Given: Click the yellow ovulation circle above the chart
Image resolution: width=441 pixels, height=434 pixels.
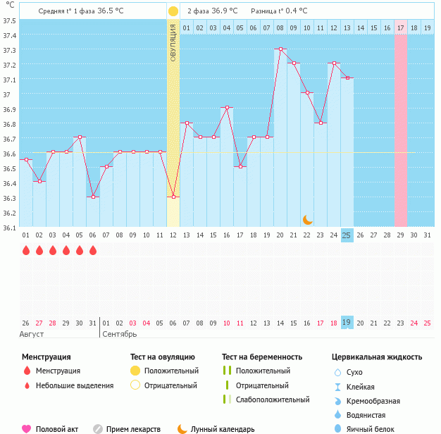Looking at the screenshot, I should click(x=173, y=11).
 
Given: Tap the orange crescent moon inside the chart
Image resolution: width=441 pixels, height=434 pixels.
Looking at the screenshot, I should click(x=307, y=220).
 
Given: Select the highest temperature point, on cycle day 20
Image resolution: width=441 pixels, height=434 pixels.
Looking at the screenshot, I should click(x=280, y=49).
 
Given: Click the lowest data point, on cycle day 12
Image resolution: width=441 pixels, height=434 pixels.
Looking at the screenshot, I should click(x=173, y=197).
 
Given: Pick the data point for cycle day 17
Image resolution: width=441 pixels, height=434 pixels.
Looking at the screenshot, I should click(x=240, y=167).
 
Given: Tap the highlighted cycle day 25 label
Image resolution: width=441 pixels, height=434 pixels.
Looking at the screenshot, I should click(x=347, y=235).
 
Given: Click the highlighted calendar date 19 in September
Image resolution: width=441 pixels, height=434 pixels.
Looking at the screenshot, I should click(x=347, y=322).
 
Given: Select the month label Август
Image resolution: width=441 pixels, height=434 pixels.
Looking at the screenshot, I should click(x=32, y=333).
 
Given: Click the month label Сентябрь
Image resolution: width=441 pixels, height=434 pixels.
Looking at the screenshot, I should click(x=120, y=333).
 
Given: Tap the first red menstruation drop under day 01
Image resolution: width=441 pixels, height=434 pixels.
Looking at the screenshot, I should click(x=26, y=250).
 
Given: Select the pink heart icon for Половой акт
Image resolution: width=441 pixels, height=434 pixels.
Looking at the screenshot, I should click(x=27, y=428).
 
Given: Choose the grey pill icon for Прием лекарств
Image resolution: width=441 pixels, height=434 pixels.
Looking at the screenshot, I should click(x=98, y=428).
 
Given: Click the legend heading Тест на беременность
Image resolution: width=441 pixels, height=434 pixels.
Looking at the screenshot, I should click(x=262, y=356).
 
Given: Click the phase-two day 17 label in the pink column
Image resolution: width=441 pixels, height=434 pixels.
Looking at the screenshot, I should click(x=400, y=27).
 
